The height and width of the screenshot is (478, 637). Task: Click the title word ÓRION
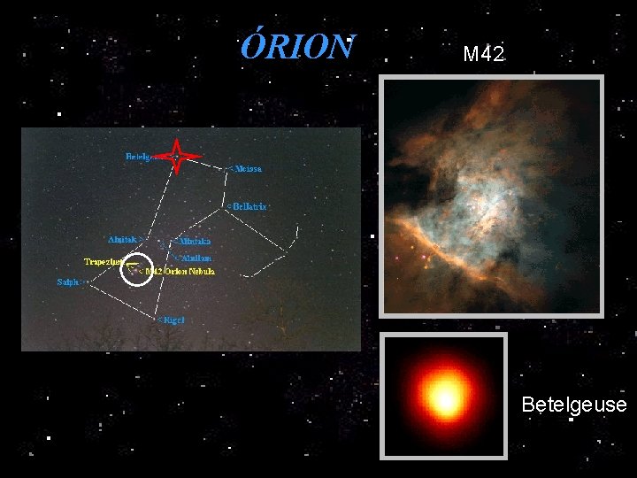click(x=298, y=47)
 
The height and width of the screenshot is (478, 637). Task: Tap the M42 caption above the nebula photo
click(x=483, y=54)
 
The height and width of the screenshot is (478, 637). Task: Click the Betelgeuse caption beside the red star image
click(x=573, y=405)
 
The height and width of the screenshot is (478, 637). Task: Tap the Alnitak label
click(x=126, y=239)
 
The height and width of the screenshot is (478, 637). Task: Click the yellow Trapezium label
click(x=104, y=262)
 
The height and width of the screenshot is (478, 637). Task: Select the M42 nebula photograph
click(x=491, y=196)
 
